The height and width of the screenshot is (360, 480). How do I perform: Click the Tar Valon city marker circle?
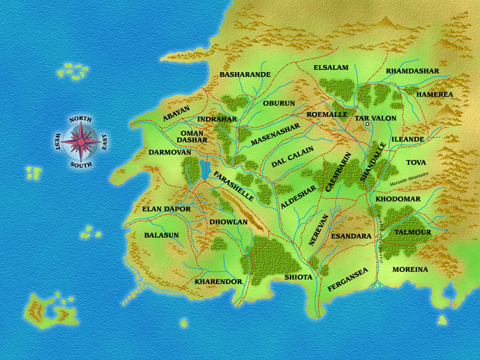368,124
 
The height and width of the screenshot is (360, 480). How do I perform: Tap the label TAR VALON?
375,118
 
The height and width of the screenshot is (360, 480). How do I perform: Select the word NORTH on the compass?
80,120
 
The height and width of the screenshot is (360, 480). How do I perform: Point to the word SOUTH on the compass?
81,165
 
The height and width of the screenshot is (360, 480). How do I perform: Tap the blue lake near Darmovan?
204,170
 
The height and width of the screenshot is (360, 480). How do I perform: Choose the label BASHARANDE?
245,75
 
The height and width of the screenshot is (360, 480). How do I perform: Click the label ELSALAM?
331,67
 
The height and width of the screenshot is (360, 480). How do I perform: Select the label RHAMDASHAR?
412,71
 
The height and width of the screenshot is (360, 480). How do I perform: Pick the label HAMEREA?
435,94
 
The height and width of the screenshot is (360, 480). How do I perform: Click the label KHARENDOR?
218,282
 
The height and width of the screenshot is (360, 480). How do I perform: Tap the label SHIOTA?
298,277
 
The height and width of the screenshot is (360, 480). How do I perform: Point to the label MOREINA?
410,270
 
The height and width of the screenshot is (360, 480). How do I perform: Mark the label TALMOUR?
412,232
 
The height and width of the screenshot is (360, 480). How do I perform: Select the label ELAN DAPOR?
166,209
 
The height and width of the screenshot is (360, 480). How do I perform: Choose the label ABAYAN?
177,114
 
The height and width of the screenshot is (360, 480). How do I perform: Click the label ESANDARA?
351,236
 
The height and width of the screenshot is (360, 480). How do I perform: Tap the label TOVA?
416,162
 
